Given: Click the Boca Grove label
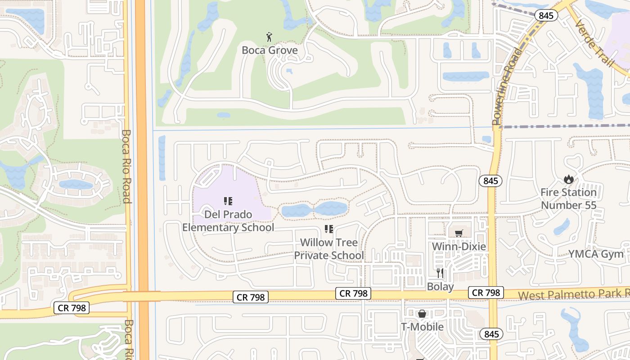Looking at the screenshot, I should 270,50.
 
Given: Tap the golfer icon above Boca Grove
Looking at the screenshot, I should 269,37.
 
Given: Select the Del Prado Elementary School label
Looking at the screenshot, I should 228,221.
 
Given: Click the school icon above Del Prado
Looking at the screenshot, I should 228,201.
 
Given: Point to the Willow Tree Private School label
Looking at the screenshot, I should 329,249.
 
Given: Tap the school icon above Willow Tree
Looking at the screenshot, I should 329,229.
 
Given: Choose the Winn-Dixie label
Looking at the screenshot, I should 459,247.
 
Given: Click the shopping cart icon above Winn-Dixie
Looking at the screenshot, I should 459,233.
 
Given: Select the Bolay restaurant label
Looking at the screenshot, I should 440,287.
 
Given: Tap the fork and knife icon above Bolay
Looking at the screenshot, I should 440,273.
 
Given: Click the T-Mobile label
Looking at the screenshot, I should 422,327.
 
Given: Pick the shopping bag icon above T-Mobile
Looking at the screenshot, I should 422,314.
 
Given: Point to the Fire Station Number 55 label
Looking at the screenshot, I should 568,199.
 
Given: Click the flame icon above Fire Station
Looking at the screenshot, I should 568,179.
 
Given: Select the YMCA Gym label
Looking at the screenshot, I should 596,254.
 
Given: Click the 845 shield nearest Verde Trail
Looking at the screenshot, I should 546,15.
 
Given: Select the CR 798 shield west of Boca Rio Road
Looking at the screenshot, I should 72,308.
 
